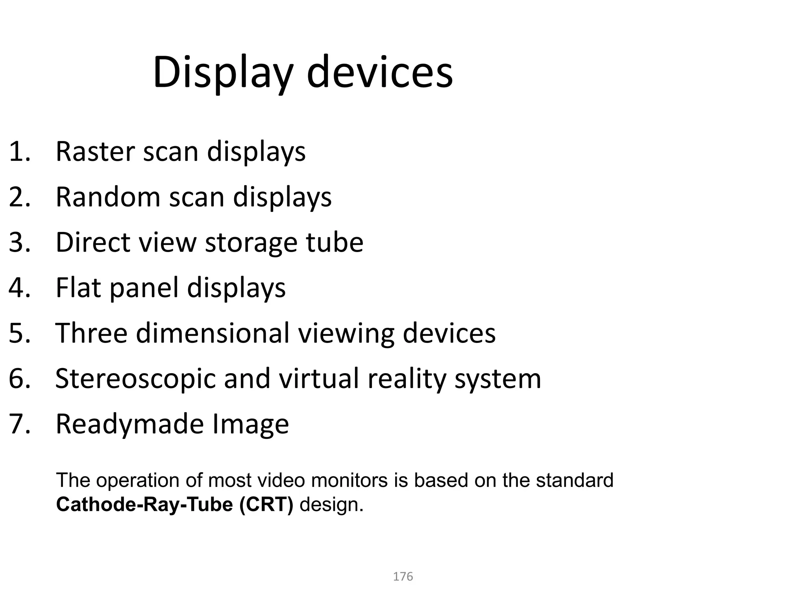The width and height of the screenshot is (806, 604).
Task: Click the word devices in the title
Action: pos(379,73)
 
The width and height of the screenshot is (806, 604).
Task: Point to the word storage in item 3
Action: pos(251,243)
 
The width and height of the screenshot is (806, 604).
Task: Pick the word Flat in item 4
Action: pos(78,287)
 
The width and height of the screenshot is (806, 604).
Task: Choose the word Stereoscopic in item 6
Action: pos(135,379)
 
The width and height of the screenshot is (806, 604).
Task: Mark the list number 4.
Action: pos(19,287)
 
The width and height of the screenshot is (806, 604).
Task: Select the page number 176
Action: pos(403,576)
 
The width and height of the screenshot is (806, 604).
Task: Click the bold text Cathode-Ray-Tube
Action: pos(144,504)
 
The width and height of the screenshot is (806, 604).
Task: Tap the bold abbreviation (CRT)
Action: pos(266,504)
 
